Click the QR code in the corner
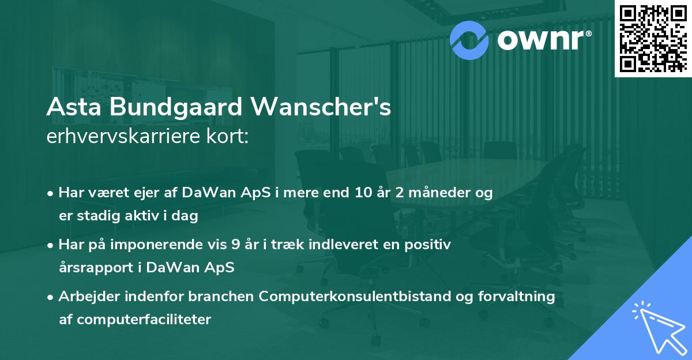tap(653, 39)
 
